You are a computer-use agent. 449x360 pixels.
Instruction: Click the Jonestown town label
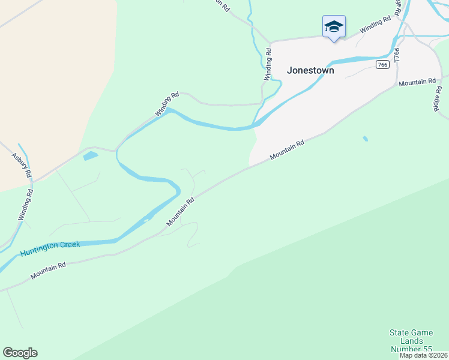[x=310, y=70]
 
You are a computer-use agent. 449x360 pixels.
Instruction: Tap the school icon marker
[x=334, y=27]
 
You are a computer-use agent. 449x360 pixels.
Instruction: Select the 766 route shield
[x=382, y=65]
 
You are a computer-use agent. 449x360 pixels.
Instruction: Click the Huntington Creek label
[x=50, y=249]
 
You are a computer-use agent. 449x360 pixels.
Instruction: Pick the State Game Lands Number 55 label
[x=411, y=341]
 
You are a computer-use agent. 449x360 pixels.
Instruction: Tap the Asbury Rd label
[x=21, y=164]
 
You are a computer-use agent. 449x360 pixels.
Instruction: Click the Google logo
[x=20, y=353]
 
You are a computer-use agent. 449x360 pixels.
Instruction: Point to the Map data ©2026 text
[x=423, y=355]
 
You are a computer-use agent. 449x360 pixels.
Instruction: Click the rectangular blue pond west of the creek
[x=91, y=157]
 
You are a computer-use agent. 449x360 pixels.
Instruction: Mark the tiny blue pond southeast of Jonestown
[x=366, y=139]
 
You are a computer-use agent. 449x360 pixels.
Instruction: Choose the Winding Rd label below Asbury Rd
[x=25, y=205]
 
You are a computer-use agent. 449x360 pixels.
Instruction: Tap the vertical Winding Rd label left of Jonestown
[x=268, y=65]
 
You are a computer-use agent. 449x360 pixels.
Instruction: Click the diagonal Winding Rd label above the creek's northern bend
[x=167, y=104]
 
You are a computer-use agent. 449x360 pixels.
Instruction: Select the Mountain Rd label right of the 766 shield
[x=417, y=82]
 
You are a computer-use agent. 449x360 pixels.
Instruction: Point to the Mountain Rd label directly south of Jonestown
[x=287, y=150]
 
